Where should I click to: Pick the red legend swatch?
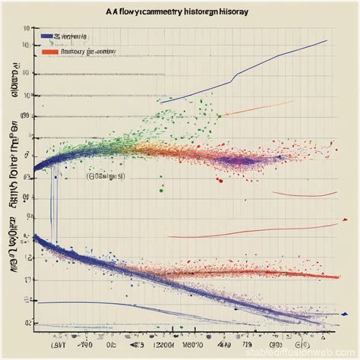tap(49, 52)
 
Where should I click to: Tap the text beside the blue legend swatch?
tap(73, 36)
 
